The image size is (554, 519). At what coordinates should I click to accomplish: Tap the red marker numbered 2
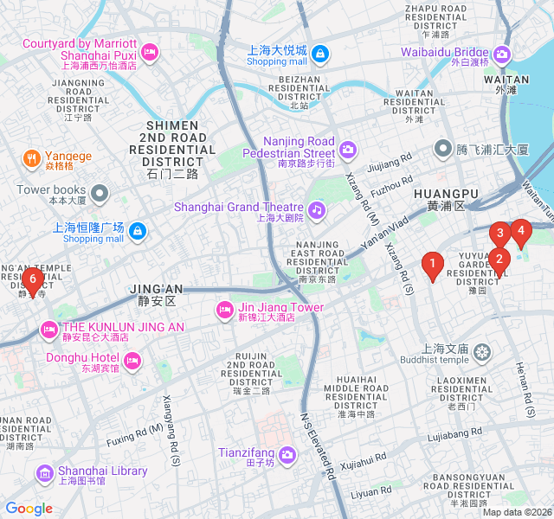499,259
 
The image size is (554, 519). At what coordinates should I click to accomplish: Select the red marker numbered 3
499,234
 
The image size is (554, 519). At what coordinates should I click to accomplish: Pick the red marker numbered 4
519,231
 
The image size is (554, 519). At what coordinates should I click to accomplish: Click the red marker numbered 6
33,279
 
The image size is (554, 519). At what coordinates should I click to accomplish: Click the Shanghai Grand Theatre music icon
317,208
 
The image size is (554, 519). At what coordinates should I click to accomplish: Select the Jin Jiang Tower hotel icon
223,309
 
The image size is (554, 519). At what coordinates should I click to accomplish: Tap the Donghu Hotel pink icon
132,359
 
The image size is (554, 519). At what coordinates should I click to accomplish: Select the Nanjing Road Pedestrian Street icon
347,150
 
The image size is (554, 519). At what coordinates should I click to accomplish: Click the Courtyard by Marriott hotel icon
149,53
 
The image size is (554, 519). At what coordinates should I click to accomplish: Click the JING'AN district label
156,294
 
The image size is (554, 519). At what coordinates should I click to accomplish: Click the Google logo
29,509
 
